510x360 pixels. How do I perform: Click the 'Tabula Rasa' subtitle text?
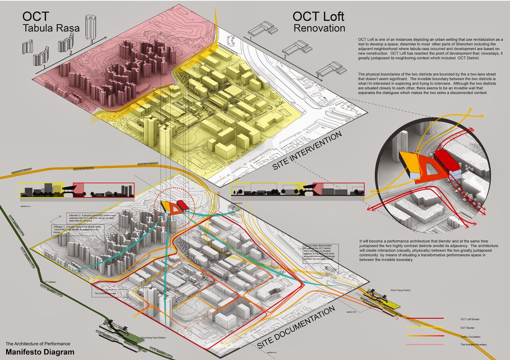tap(51, 28)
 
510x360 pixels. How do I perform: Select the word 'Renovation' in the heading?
tap(319, 28)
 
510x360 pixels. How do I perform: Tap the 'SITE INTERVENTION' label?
tap(307, 151)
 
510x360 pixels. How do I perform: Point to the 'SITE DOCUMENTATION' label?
tap(296, 327)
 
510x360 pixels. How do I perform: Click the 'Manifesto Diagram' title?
tap(40, 352)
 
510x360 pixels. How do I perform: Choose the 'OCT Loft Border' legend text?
tap(470, 319)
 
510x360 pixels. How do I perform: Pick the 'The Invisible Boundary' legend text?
tap(473, 344)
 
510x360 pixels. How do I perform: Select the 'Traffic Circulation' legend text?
tap(470, 337)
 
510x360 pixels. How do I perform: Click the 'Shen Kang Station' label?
tap(400, 290)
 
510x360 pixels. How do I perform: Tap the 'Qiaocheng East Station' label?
tap(153, 338)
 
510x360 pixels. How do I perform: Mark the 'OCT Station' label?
tap(49, 282)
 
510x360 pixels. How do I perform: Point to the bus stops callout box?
tap(320, 252)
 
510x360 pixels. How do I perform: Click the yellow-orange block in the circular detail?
tap(409, 161)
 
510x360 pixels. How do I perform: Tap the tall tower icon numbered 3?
tap(91, 27)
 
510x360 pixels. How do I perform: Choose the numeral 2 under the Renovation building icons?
tap(285, 57)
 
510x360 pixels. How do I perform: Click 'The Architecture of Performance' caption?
tap(38, 344)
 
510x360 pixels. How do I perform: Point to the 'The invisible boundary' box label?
tap(105, 293)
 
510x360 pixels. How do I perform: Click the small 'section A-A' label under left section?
tap(25, 206)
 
